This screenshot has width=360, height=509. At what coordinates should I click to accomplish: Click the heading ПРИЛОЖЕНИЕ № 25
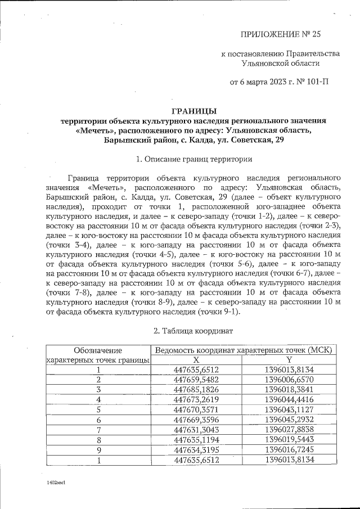pos(280,34)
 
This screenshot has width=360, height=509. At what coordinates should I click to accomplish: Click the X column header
pos(196,359)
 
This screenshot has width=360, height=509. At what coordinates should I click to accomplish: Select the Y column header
pos(289,359)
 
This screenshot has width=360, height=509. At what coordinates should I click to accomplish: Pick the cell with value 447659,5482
pos(196,380)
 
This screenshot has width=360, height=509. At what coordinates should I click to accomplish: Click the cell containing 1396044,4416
pos(289,399)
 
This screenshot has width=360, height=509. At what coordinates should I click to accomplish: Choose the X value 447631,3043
pos(196,430)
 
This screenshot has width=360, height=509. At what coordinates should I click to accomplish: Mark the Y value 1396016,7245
pos(289,450)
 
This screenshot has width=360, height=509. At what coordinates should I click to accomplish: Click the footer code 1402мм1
pos(56,483)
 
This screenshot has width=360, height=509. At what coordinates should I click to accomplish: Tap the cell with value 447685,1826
pos(196,389)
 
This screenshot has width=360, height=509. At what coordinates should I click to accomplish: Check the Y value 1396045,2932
pos(289,420)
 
